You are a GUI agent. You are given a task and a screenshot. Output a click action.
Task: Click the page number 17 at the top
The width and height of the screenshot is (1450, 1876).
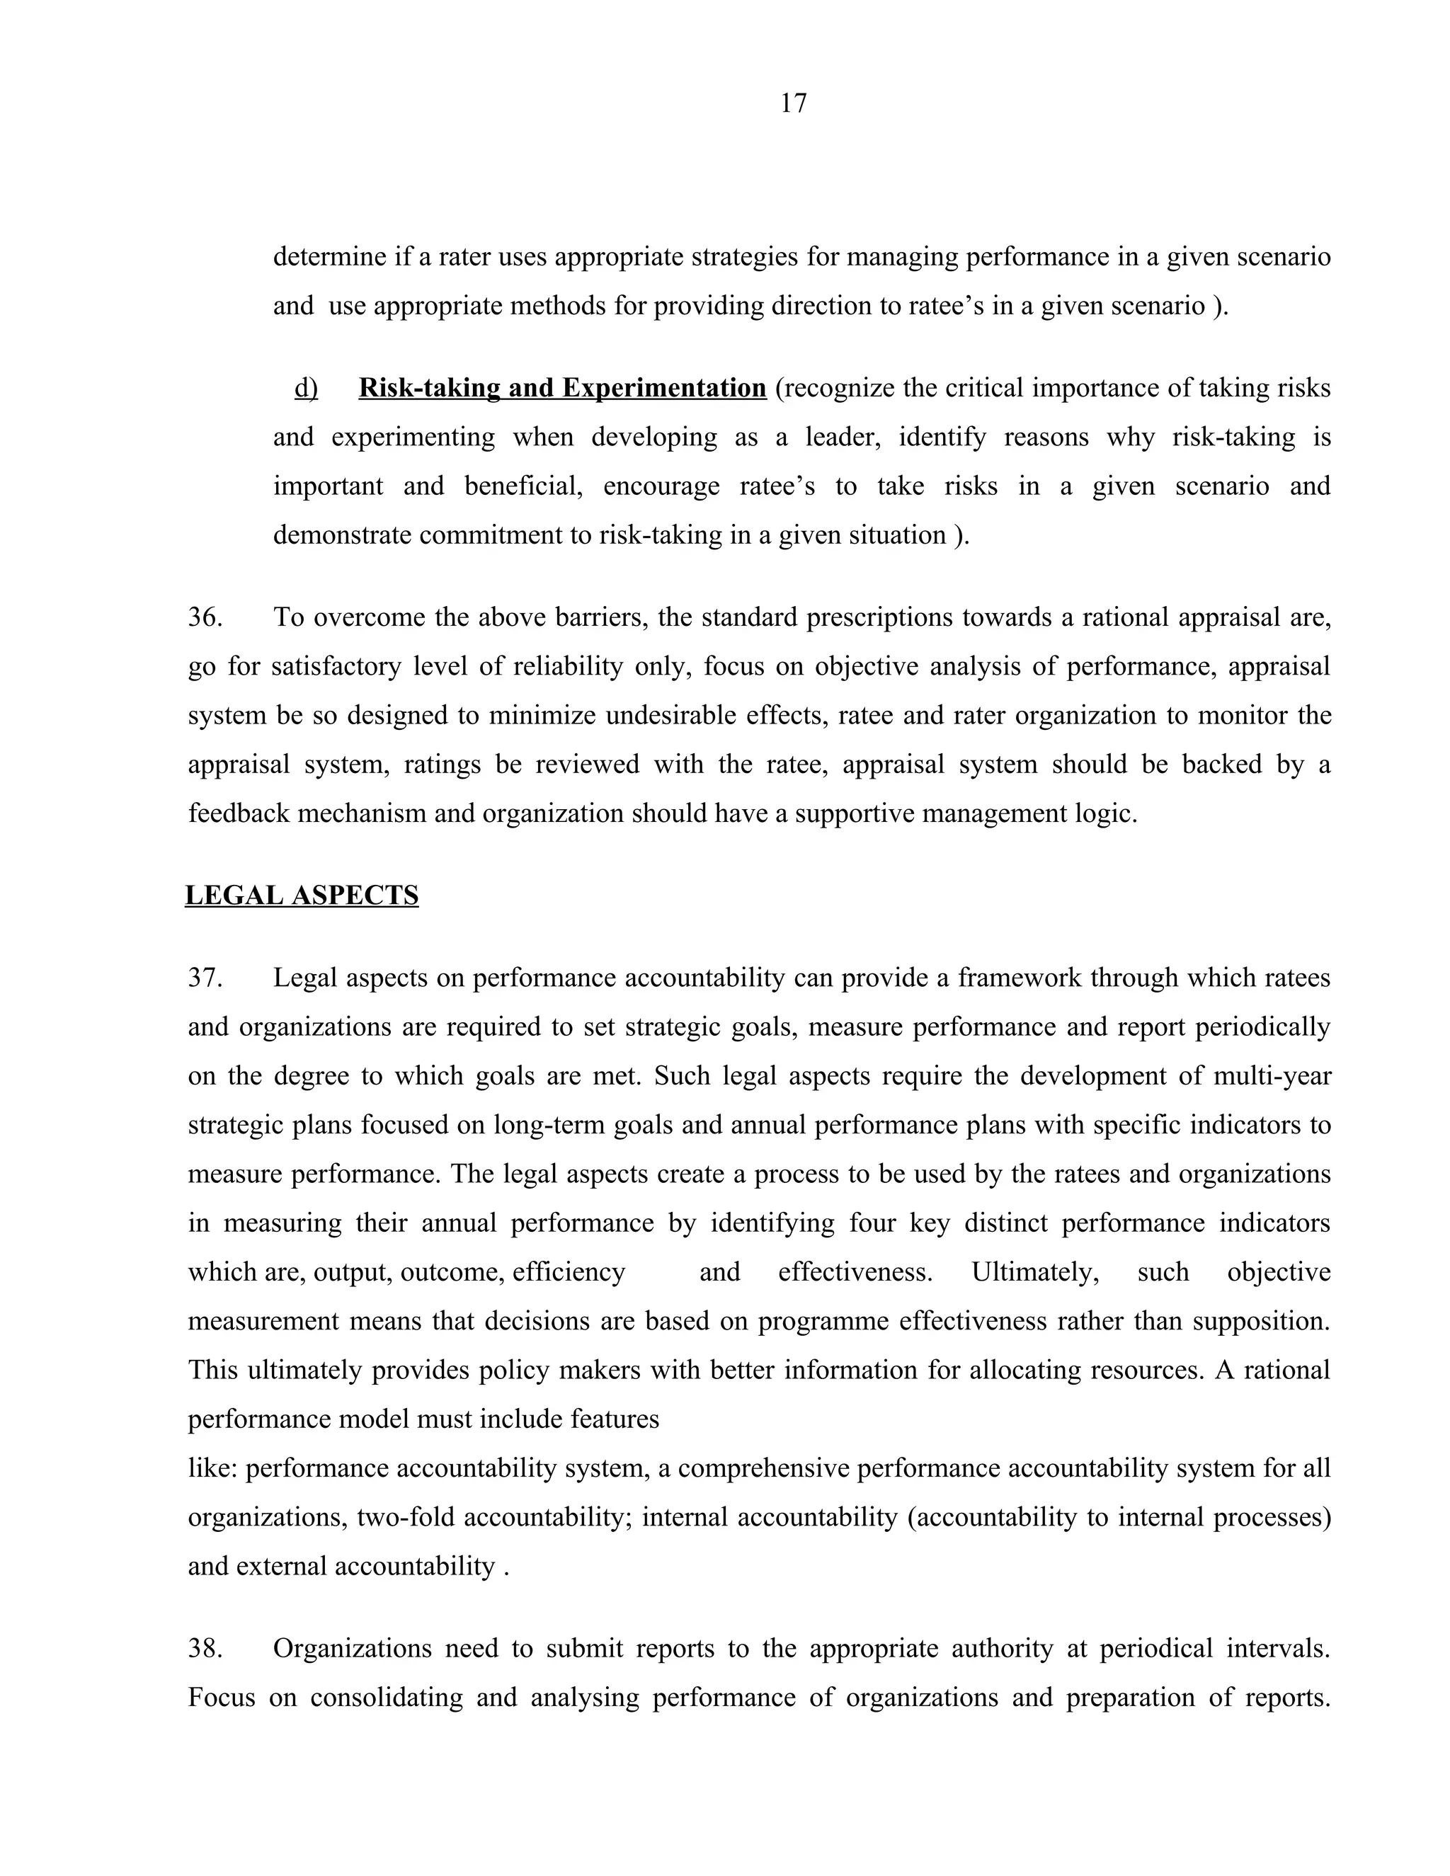(793, 104)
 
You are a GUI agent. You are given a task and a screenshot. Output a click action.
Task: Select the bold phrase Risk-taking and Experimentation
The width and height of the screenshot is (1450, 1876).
(561, 388)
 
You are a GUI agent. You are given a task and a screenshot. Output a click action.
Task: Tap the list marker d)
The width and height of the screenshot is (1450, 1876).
(306, 388)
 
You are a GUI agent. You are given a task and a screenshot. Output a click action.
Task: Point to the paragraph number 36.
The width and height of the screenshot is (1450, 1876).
(205, 617)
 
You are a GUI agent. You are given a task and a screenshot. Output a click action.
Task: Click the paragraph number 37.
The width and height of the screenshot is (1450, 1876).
(205, 978)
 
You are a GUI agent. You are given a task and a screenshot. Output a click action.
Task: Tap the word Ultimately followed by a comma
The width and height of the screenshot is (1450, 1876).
(1034, 1271)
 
